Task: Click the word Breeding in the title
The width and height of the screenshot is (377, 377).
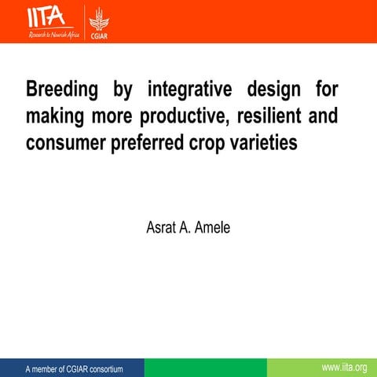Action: (62, 87)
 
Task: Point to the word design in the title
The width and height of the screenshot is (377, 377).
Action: (271, 87)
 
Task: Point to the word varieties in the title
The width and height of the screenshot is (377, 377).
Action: (271, 144)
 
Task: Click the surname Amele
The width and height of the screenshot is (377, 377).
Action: (212, 228)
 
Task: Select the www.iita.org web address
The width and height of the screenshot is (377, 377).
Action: (345, 368)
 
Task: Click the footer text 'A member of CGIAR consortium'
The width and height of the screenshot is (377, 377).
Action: (75, 368)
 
